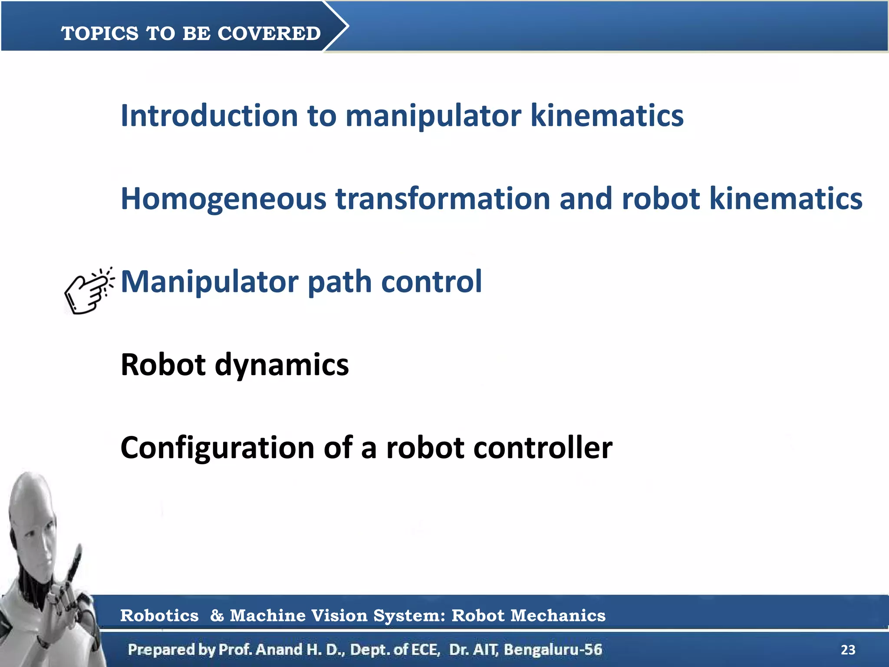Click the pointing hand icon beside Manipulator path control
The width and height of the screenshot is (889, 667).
coord(89,290)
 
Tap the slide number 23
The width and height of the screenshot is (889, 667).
coord(848,650)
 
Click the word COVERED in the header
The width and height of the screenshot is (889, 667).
coord(269,33)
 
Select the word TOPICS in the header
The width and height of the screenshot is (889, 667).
coord(100,33)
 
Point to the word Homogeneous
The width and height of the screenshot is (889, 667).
coord(223,199)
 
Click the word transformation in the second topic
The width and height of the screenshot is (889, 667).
coord(443,199)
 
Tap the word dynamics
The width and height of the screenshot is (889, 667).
coord(282,365)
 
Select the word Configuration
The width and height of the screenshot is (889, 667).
coord(217,448)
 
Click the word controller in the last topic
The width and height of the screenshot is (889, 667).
coord(543,448)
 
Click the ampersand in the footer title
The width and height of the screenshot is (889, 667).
coord(217,616)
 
